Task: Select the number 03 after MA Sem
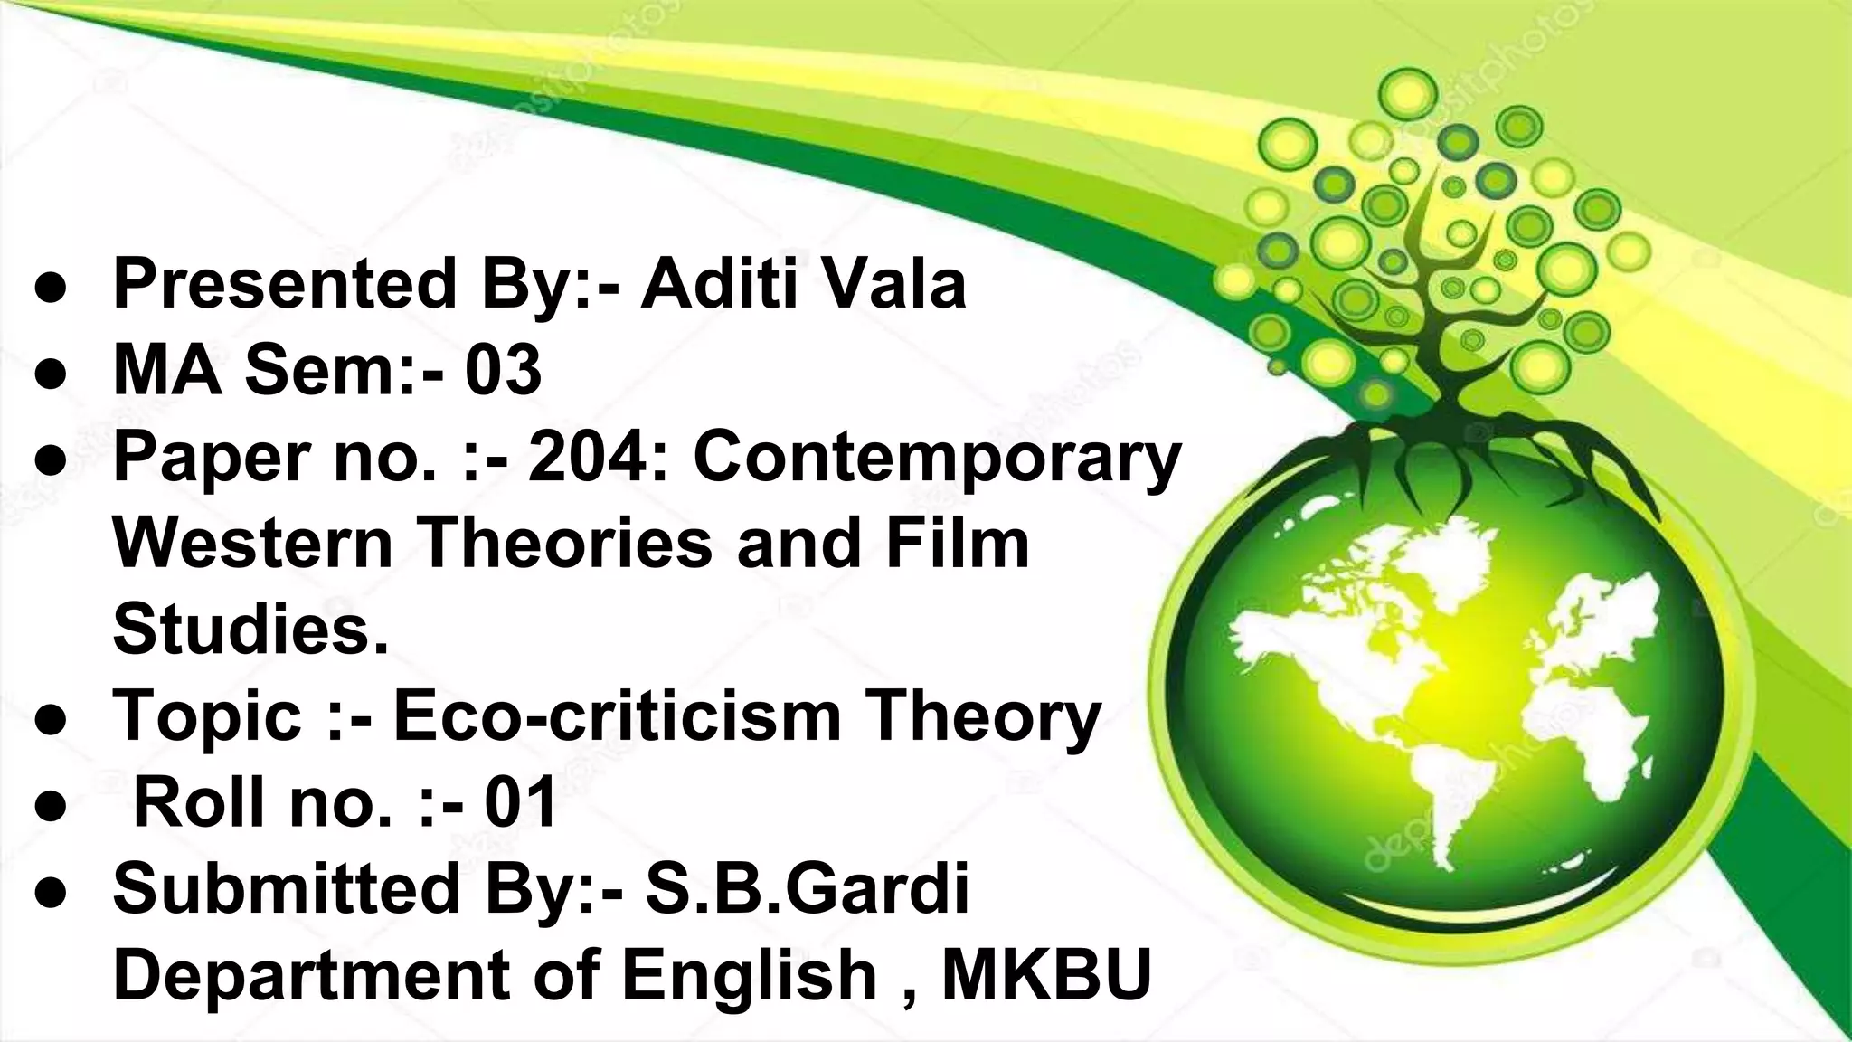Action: [504, 371]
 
